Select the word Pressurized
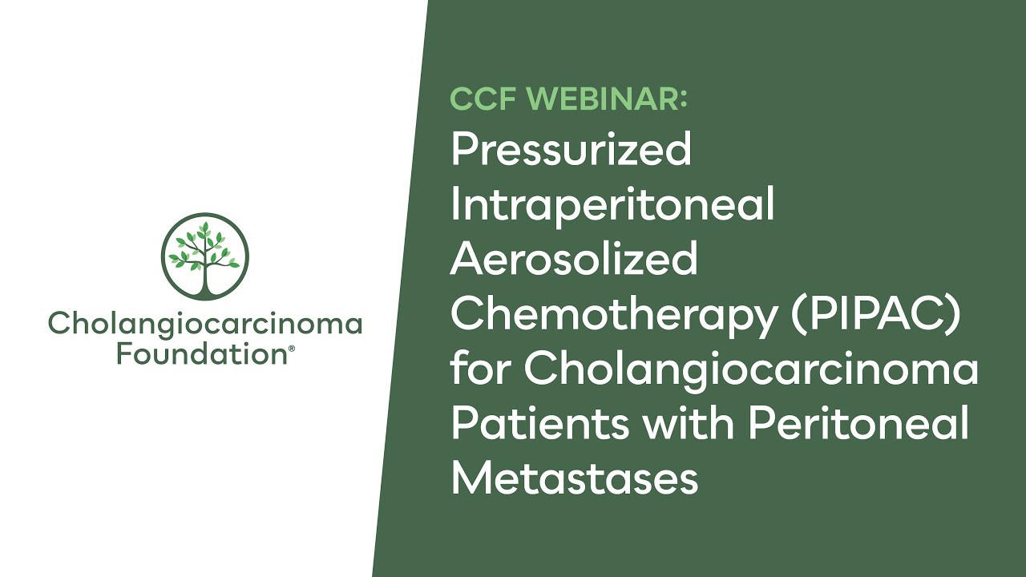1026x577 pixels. [571, 151]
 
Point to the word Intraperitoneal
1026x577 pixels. [612, 205]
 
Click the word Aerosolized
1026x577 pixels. [574, 260]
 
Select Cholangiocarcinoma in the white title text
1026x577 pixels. [752, 369]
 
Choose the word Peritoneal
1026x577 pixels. [858, 423]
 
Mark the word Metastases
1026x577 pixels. [574, 478]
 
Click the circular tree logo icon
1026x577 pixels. [205, 256]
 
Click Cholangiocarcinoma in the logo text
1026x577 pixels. [205, 324]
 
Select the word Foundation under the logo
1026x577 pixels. [200, 353]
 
